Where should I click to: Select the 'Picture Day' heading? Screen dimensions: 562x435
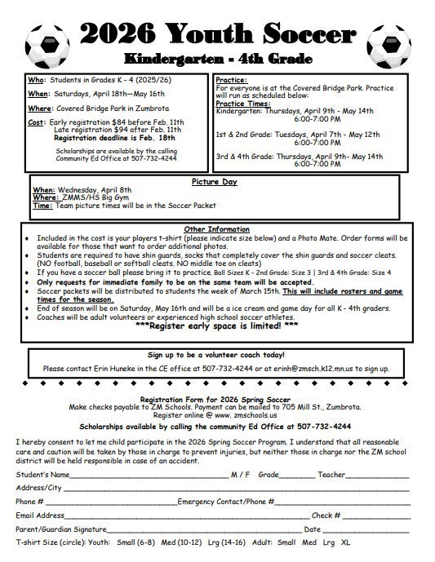216,181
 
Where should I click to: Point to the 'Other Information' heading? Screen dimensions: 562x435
217,228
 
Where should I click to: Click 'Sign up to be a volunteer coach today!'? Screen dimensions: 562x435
217,356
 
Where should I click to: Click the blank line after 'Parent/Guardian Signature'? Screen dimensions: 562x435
204,529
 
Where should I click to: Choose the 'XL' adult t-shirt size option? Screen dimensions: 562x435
345,542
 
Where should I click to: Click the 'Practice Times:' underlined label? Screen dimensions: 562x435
244,102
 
